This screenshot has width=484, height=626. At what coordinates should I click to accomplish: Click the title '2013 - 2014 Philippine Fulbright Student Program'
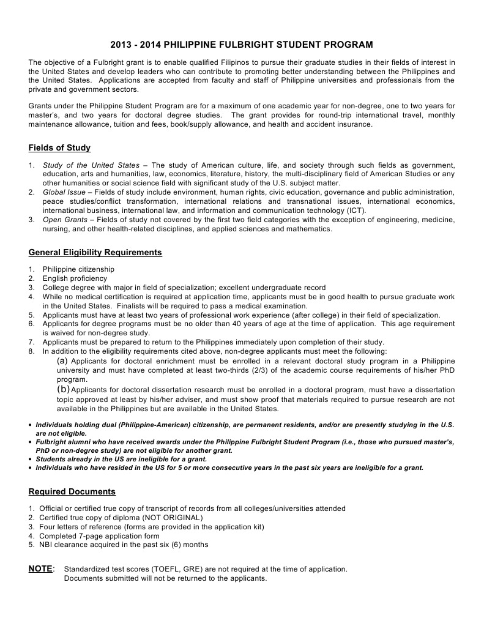pos(242,45)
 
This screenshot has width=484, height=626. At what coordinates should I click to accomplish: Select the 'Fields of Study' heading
pos(59,147)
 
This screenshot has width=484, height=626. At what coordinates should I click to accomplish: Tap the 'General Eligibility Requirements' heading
pos(95,252)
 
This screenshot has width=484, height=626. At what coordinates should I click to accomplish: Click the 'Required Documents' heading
pos(72,491)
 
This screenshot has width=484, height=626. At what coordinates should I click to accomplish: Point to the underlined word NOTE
pos(40,569)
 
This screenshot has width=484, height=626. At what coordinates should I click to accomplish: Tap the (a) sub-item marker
pos(62,361)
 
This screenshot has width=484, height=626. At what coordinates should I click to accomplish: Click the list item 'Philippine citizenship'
pos(78,269)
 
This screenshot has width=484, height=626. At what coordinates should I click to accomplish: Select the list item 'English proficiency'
pos(75,278)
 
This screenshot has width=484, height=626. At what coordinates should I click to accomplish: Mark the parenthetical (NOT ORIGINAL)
pos(173,518)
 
